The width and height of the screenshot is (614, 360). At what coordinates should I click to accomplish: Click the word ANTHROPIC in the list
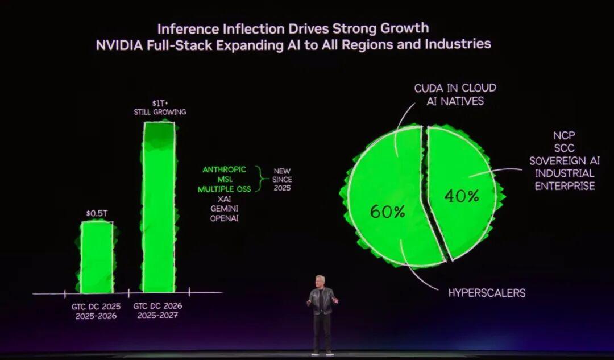(x=224, y=169)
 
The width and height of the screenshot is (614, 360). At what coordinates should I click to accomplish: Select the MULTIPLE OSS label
(x=224, y=189)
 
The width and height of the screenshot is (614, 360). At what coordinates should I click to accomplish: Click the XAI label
(x=224, y=199)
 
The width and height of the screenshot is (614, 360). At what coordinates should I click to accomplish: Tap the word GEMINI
(x=224, y=209)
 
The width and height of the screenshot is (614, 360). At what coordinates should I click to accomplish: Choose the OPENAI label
(x=224, y=218)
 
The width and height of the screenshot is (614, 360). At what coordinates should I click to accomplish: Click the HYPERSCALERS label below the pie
(x=487, y=293)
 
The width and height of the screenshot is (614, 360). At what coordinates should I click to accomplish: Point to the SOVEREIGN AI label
(x=562, y=161)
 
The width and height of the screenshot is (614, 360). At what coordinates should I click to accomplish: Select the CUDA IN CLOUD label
(x=455, y=88)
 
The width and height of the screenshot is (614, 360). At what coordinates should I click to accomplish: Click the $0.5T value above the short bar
(x=97, y=213)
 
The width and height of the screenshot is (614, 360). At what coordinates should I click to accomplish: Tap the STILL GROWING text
(x=159, y=112)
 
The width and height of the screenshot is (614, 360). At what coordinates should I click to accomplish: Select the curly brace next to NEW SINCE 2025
(x=262, y=179)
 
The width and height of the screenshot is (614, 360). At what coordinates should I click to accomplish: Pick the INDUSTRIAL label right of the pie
(x=564, y=173)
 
